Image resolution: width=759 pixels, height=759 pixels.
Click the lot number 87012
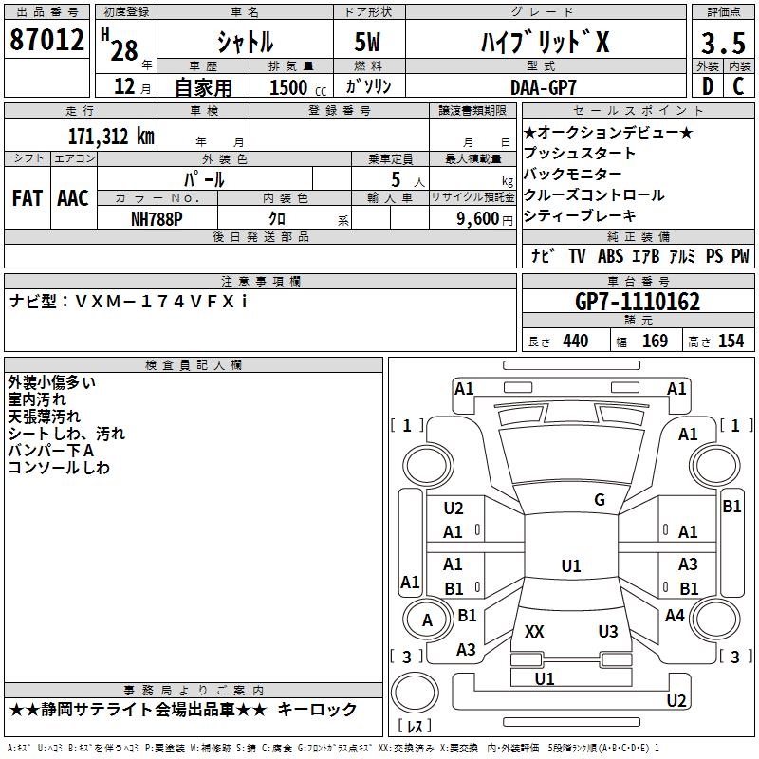46,41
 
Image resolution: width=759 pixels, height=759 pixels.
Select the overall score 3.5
722,43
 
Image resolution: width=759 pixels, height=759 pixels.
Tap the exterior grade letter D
706,86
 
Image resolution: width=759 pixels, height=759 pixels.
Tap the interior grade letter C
738,86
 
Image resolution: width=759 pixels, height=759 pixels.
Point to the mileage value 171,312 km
110,136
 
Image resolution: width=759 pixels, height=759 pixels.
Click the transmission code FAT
27,197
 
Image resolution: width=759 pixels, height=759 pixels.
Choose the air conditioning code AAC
72,197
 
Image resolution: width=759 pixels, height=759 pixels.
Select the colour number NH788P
158,217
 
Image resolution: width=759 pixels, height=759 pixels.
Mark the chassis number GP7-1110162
639,302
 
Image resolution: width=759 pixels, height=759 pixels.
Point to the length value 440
575,342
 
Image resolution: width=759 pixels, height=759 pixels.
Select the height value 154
731,342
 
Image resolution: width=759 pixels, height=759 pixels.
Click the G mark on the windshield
600,500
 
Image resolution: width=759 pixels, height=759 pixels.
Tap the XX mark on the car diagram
534,631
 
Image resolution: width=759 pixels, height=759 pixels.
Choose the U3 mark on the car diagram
608,631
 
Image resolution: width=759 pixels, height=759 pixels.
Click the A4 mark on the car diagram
675,616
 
